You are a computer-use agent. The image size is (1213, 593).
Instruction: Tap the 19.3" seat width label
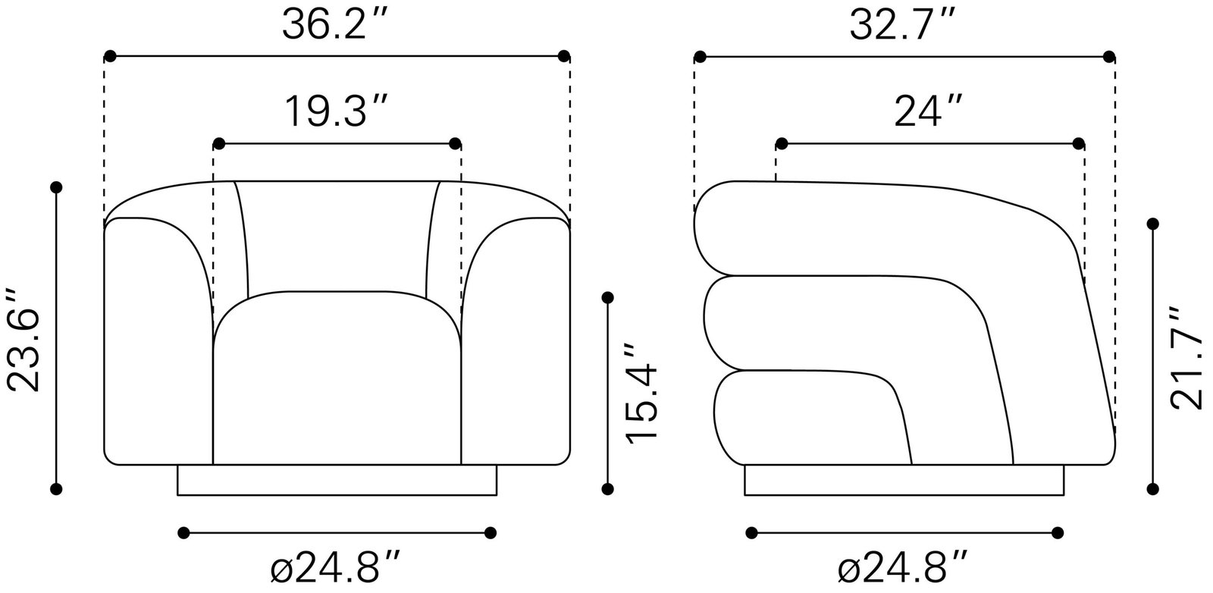pos(337,112)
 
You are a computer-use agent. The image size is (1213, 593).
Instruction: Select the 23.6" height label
pos(23,339)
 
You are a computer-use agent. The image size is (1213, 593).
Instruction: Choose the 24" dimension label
pos(929,112)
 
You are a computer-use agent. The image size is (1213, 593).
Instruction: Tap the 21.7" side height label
pos(1186,358)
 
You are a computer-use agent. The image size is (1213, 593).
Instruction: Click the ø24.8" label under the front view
pos(335,566)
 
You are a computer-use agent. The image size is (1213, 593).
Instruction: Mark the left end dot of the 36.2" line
pos(110,56)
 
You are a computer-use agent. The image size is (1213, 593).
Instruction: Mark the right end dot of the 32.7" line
pos(1109,56)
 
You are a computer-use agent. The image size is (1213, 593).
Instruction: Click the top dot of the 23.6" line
pos(55,187)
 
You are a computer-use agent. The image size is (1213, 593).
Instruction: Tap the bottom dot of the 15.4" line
pos(607,489)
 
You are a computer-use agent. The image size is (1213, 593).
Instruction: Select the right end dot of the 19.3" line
pos(455,143)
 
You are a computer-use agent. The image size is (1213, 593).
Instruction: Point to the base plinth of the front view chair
pos(337,480)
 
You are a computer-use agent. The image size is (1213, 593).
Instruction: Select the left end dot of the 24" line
pos(782,143)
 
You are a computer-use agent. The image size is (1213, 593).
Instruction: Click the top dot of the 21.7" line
pos(1154,224)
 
